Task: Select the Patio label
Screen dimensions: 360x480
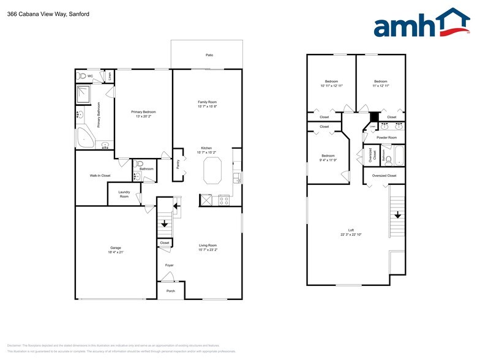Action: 209,55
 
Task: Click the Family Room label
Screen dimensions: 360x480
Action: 207,102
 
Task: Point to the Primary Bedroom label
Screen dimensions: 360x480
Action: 143,111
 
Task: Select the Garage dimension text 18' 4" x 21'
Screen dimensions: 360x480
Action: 115,252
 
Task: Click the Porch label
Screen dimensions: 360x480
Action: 171,291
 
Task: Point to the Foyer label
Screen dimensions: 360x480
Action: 169,265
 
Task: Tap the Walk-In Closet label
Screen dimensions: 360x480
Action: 100,176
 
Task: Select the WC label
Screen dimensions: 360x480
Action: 90,76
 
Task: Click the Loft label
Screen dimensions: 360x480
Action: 347,230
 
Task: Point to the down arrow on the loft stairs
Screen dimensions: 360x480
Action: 397,215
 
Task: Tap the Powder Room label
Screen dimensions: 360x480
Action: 386,138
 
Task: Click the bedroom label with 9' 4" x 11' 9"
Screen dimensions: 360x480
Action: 328,156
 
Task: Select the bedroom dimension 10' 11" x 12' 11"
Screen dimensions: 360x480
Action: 331,86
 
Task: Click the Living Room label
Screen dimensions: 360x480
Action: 208,246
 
